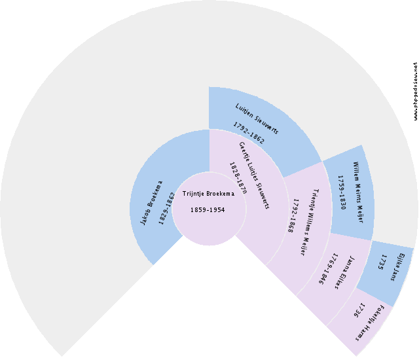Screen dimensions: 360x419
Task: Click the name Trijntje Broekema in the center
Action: click(x=208, y=194)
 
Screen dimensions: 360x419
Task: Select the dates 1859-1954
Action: click(x=208, y=210)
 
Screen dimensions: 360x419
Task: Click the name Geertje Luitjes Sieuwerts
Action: click(x=254, y=175)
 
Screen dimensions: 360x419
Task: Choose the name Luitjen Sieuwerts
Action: click(x=257, y=118)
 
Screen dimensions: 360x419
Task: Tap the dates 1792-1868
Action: click(x=290, y=217)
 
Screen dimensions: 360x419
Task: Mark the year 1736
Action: click(x=359, y=310)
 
